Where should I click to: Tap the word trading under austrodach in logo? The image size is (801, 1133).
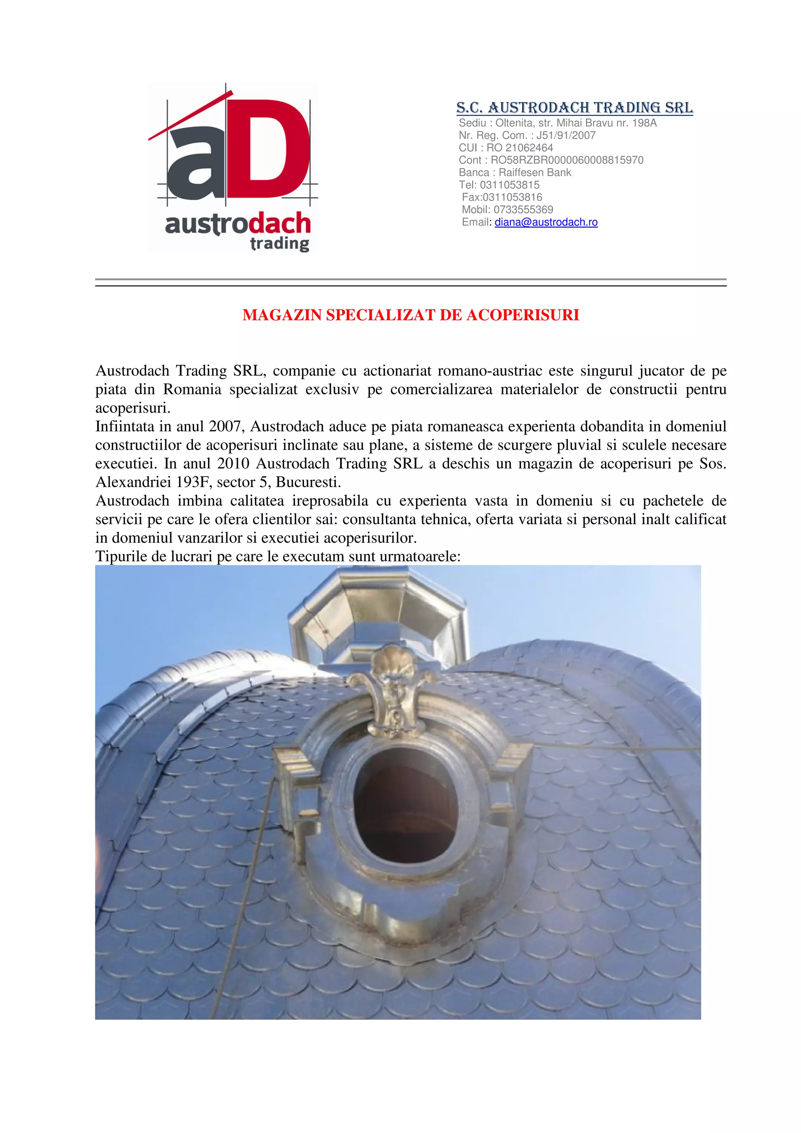pos(279,243)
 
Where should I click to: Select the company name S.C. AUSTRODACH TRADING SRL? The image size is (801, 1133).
pos(575,107)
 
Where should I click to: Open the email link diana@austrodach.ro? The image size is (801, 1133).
pos(546,222)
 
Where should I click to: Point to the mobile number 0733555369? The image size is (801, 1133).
pos(523,210)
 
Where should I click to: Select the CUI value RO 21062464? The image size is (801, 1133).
pos(520,147)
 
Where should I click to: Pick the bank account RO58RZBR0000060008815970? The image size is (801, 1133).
pos(567,160)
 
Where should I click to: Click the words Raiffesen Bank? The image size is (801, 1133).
pos(535,172)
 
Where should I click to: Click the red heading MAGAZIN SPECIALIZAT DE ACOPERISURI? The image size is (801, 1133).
pos(411,315)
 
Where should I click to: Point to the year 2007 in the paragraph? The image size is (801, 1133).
pos(224,427)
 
